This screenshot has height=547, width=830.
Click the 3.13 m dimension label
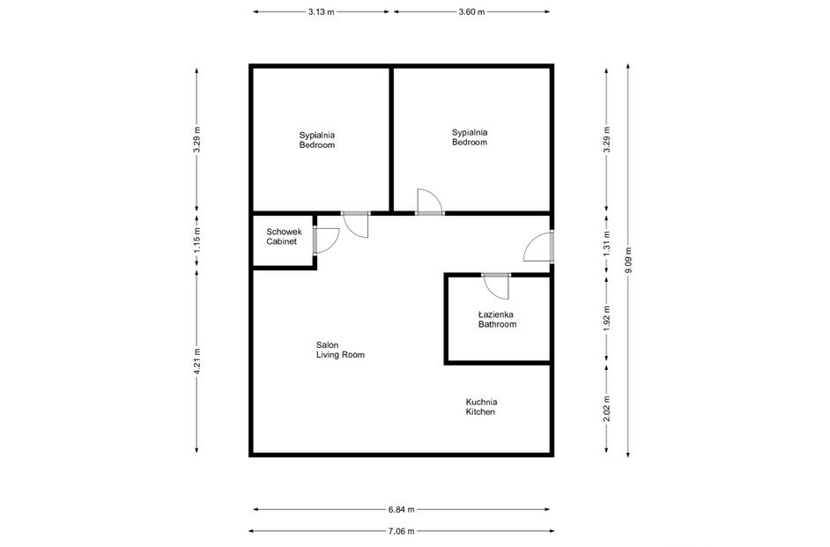(322, 12)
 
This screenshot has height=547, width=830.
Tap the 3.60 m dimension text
(472, 12)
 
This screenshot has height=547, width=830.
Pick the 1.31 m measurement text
(606, 248)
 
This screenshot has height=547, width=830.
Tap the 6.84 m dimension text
(401, 509)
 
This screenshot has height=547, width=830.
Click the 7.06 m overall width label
(401, 531)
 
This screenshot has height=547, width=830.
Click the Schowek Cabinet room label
(283, 236)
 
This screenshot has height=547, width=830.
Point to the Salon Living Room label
(340, 350)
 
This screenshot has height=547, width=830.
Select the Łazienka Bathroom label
(497, 319)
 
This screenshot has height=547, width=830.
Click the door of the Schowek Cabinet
(323, 240)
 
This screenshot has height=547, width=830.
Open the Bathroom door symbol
(495, 286)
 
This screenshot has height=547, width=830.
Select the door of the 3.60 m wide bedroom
(430, 203)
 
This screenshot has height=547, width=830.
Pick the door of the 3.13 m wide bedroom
(356, 225)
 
